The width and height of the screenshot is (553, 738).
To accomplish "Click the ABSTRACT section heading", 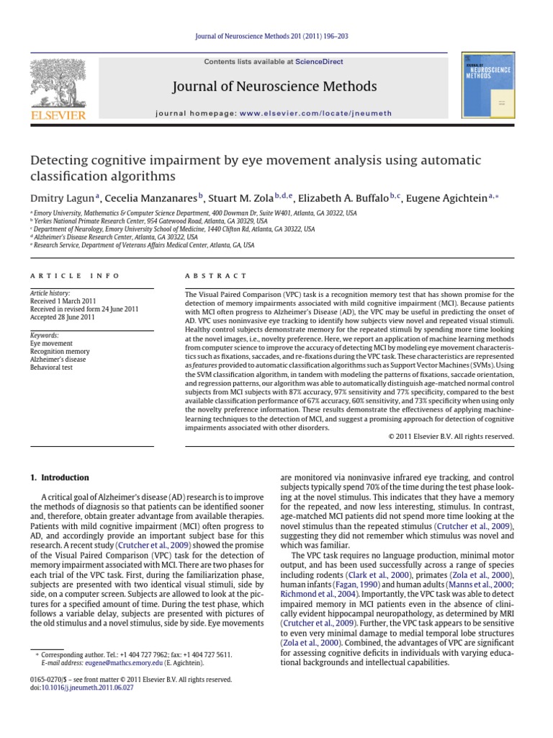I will point(216,276).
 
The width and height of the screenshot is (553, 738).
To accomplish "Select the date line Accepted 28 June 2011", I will point(62,316).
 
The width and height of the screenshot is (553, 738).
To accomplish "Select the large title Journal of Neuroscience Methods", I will point(274,87).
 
